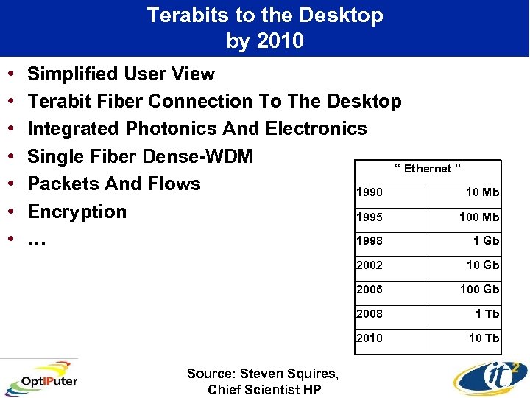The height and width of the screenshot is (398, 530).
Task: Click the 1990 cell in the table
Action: point(370,193)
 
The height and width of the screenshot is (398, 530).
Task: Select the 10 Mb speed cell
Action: point(483,193)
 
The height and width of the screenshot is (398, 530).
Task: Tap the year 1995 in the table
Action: point(370,217)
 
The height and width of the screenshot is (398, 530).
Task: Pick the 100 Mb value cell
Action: point(479,217)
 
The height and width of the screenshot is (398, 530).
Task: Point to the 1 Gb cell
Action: point(487,241)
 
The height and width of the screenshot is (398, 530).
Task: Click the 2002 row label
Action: point(370,265)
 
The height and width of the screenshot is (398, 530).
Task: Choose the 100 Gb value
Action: point(479,290)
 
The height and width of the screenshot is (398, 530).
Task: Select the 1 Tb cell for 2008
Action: point(487,313)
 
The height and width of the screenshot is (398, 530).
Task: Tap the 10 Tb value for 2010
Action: point(484,338)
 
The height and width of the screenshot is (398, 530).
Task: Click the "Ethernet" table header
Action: point(428,169)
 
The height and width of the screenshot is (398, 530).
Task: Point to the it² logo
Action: point(489,377)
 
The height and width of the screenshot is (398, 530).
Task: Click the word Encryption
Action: point(77,212)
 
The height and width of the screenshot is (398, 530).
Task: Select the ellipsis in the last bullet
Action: point(35,240)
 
